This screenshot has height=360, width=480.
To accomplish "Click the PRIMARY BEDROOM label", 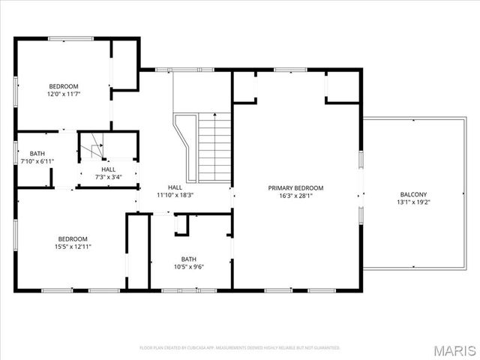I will (x=296, y=187).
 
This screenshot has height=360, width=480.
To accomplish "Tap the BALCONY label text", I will (x=413, y=194).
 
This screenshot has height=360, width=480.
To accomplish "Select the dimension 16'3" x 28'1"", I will (x=296, y=196).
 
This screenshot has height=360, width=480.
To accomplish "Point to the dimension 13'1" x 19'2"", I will (x=413, y=202).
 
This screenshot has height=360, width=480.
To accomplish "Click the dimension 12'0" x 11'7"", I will (x=64, y=94).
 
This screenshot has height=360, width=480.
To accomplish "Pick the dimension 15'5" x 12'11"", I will (x=73, y=246).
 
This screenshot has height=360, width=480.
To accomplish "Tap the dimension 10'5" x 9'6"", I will (x=188, y=266).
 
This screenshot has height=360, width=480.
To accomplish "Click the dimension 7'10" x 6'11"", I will (x=37, y=161).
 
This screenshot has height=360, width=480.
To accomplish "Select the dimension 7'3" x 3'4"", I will (x=109, y=178).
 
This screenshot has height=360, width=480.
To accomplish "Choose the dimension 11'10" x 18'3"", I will (x=175, y=195).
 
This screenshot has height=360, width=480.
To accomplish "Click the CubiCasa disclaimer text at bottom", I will (x=240, y=348).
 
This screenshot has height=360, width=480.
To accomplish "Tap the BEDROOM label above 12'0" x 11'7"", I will (x=64, y=86).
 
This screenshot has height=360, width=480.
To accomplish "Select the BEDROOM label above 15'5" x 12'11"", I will (x=73, y=238).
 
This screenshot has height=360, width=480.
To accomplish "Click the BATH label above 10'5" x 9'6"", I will (x=188, y=259).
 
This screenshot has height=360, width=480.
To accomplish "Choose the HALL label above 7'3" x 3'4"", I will (x=109, y=170).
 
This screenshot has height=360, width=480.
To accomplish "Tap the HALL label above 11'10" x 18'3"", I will (x=175, y=187).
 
